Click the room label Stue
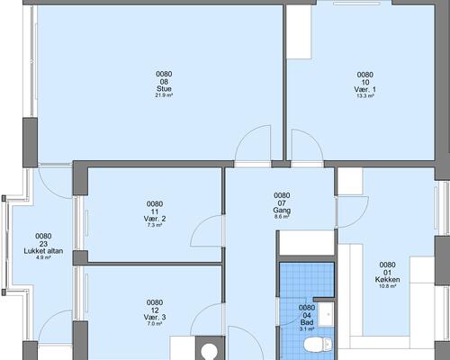(164, 89)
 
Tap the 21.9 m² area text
(164, 95)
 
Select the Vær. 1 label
(364, 89)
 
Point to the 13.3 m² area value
(364, 96)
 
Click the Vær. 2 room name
(155, 219)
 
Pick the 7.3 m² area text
(155, 225)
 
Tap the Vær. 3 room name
(155, 317)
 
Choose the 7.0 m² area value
(155, 324)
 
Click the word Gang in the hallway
(282, 210)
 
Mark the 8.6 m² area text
(282, 216)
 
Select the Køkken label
(387, 280)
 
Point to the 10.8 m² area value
(387, 286)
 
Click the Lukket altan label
(43, 251)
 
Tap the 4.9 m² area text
(43, 257)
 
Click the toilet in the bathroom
(318, 345)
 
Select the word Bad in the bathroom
(307, 322)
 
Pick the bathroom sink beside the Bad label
(326, 314)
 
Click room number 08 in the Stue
(164, 82)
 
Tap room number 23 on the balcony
(43, 244)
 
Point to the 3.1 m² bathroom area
(307, 329)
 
